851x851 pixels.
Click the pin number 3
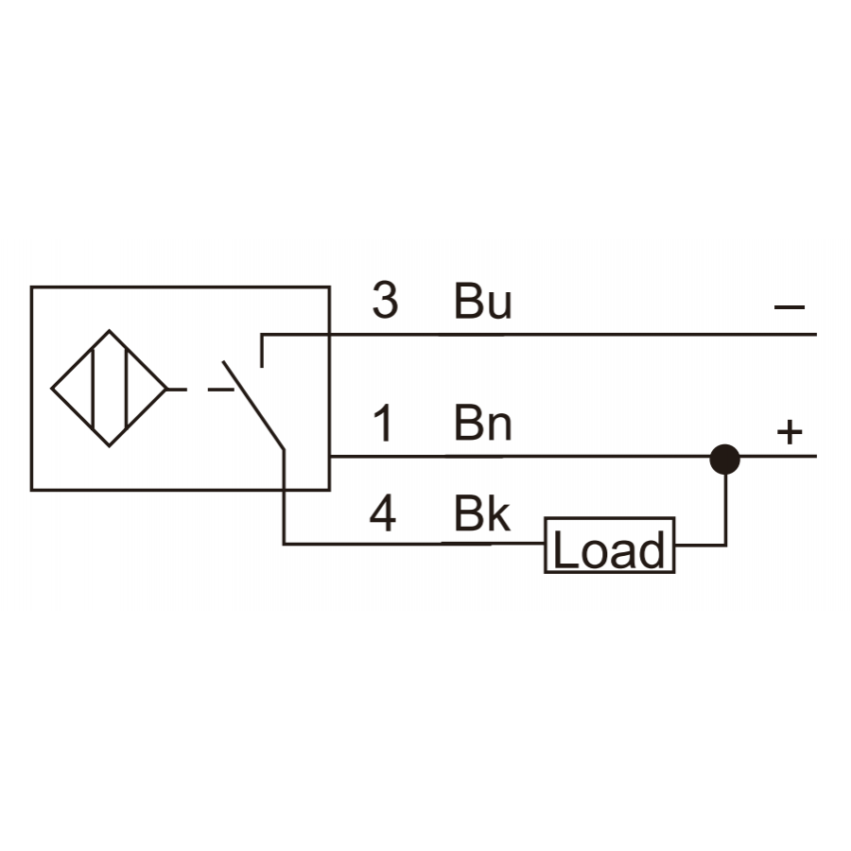(386, 300)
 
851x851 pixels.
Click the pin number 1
(384, 423)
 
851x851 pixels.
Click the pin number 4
(383, 512)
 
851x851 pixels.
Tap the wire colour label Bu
(482, 300)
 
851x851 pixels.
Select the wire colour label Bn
(482, 423)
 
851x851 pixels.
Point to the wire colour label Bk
(482, 512)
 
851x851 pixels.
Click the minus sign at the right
(790, 307)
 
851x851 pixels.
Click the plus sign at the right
(790, 432)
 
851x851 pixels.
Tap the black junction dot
(725, 460)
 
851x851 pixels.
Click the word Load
(609, 549)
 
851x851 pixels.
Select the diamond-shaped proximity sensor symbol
(109, 389)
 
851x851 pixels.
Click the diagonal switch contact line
(253, 405)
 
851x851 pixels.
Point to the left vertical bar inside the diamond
(94, 389)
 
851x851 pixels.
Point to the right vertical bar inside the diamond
(126, 389)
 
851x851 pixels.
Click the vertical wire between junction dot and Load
(725, 509)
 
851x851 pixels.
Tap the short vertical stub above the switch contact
(262, 351)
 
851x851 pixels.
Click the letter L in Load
(565, 549)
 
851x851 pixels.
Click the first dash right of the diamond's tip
(178, 390)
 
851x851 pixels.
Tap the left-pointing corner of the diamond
(52, 389)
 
